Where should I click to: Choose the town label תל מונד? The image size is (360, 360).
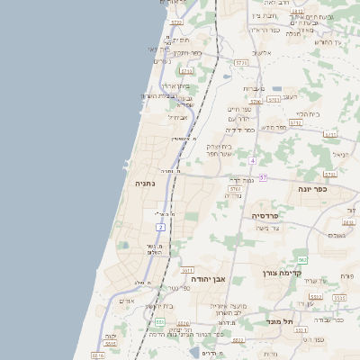pos(282,320)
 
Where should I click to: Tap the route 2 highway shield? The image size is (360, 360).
pos(160,228)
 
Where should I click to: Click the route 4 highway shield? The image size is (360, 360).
pos(254,161)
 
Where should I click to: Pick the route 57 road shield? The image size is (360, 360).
pos(263,177)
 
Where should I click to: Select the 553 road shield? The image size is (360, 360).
pos(159,321)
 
